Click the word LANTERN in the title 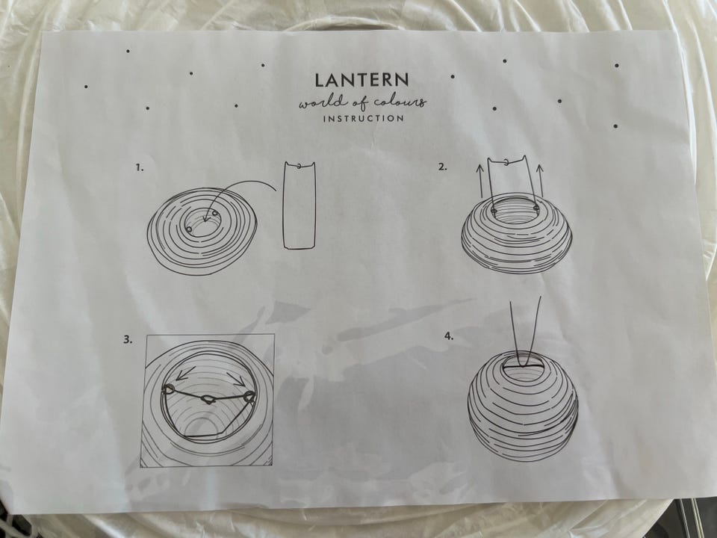point(361,80)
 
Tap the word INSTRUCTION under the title point(364,119)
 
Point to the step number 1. point(140,167)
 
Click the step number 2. point(442,167)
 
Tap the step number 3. point(128,339)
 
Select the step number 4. point(449,336)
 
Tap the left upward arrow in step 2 point(479,180)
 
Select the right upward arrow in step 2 point(539,180)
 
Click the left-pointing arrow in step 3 point(184,374)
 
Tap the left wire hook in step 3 point(168,389)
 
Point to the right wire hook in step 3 point(249,397)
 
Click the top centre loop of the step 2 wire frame point(506,161)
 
